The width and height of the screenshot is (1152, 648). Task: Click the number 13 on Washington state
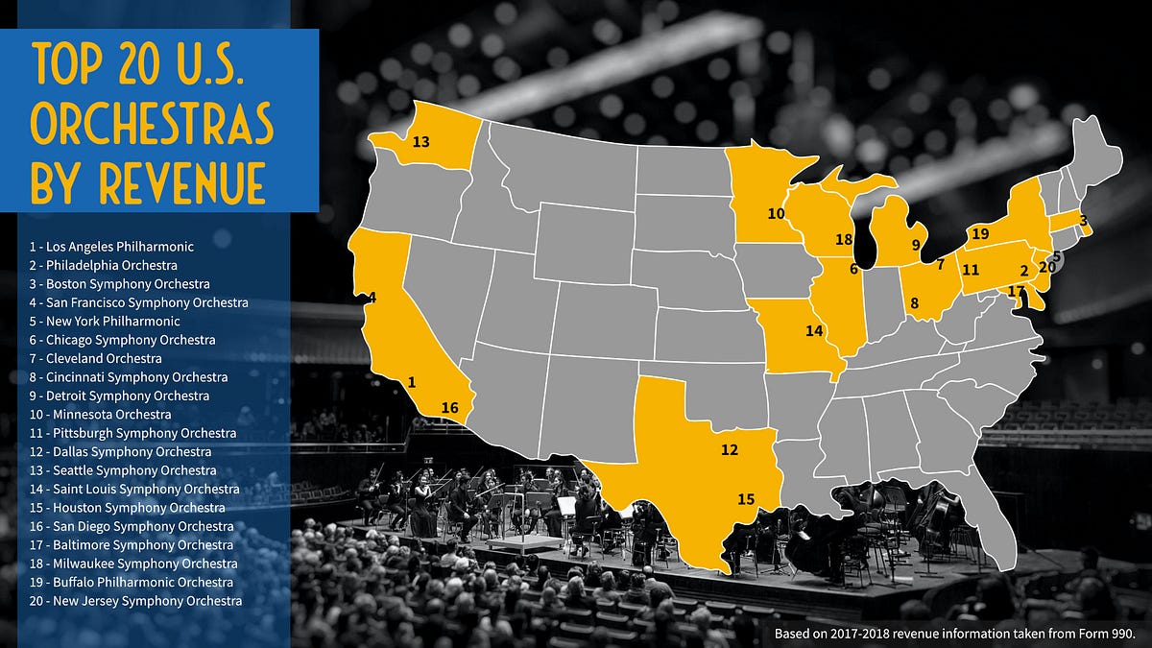420,142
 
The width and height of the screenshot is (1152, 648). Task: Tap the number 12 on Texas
730,449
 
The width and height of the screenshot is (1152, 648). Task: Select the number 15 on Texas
746,498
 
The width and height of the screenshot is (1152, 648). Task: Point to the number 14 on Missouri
815,331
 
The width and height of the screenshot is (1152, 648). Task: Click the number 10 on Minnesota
776,214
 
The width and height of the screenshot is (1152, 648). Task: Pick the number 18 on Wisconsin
844,239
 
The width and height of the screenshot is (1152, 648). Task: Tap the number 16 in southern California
449,408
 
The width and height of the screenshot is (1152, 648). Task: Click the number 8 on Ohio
914,304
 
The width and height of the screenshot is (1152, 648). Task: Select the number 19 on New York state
980,233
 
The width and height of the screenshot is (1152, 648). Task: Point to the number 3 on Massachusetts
1083,222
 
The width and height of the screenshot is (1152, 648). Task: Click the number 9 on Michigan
916,245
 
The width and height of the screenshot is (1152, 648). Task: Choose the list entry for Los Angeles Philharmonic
111,247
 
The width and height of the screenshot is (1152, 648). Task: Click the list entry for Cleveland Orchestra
95,358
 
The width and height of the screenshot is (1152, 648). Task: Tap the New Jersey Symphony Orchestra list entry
135,601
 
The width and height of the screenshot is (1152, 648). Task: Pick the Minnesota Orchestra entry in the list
100,414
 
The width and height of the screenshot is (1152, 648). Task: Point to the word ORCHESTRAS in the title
153,126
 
